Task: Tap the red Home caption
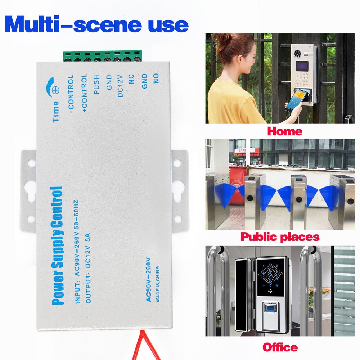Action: click(284, 131)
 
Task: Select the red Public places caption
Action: click(280, 237)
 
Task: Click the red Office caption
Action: click(280, 347)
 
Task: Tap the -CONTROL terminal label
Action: click(71, 94)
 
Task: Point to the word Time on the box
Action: click(56, 112)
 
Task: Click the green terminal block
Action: click(103, 56)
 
